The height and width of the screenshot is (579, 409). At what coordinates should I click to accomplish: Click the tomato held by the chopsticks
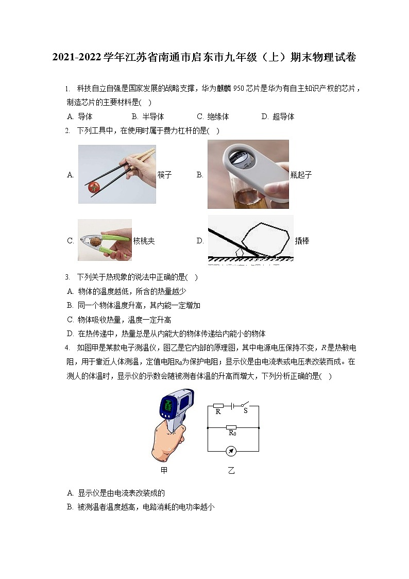coord(93,187)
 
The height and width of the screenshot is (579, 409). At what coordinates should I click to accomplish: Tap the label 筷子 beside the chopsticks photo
coord(164,175)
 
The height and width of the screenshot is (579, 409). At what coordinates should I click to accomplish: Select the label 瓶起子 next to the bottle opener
coord(301,175)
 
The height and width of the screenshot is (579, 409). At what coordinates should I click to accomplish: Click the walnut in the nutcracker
coord(95,241)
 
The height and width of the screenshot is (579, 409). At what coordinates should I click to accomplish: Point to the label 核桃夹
coord(144,241)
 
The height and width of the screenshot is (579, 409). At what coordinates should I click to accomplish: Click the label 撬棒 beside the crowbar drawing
coord(302,241)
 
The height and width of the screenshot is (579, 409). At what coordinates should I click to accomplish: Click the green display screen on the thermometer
coord(167,407)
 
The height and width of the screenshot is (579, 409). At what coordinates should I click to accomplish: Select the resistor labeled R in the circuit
coord(218,405)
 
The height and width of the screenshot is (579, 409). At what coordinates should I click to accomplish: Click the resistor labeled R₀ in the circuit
coord(232,427)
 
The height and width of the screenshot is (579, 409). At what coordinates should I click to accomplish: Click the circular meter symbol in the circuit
coord(232,451)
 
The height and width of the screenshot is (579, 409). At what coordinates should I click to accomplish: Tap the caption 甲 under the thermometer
coord(164,470)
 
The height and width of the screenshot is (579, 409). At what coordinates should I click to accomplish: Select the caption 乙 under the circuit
coord(231,470)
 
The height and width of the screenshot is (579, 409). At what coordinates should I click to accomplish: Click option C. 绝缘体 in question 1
coord(213,117)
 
